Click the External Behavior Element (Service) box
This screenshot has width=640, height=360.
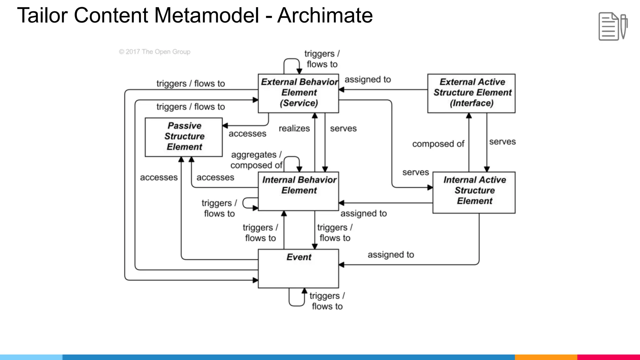pos(298,93)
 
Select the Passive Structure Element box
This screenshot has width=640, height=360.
pos(184,137)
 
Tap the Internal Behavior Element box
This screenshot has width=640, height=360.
pos(298,191)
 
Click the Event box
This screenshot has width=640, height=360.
pos(298,268)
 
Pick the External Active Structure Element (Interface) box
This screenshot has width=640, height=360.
pos(471,93)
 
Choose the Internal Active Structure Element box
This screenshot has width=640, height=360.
pos(474,192)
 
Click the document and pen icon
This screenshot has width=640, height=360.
pos(612,26)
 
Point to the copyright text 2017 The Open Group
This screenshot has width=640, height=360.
pos(155,52)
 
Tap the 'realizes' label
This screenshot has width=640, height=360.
pos(294,128)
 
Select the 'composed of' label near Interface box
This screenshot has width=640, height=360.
pos(438,144)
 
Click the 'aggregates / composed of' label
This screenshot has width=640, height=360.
pos(256,160)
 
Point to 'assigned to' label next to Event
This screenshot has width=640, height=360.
pos(391,255)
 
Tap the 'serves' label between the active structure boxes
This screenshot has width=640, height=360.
pos(502,142)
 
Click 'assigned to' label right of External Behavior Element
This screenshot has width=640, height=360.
pos(367,80)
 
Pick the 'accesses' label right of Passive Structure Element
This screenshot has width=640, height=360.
pos(247,134)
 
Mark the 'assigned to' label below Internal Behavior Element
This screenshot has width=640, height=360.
pos(363,213)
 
